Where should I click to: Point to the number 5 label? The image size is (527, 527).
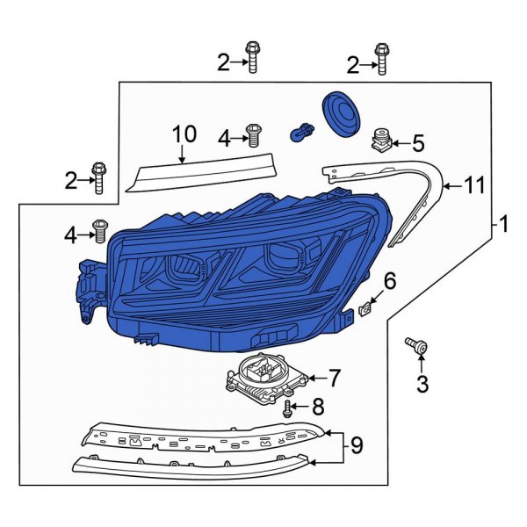[417, 142]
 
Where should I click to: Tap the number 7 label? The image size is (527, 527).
[333, 379]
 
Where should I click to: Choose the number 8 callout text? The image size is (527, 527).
[319, 407]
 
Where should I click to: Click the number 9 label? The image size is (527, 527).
[356, 446]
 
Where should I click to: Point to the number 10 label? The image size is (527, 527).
[184, 134]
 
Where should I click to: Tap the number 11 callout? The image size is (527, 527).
[474, 185]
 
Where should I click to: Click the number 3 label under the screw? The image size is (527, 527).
[422, 383]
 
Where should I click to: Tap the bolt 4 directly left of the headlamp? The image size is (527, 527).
[99, 231]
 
